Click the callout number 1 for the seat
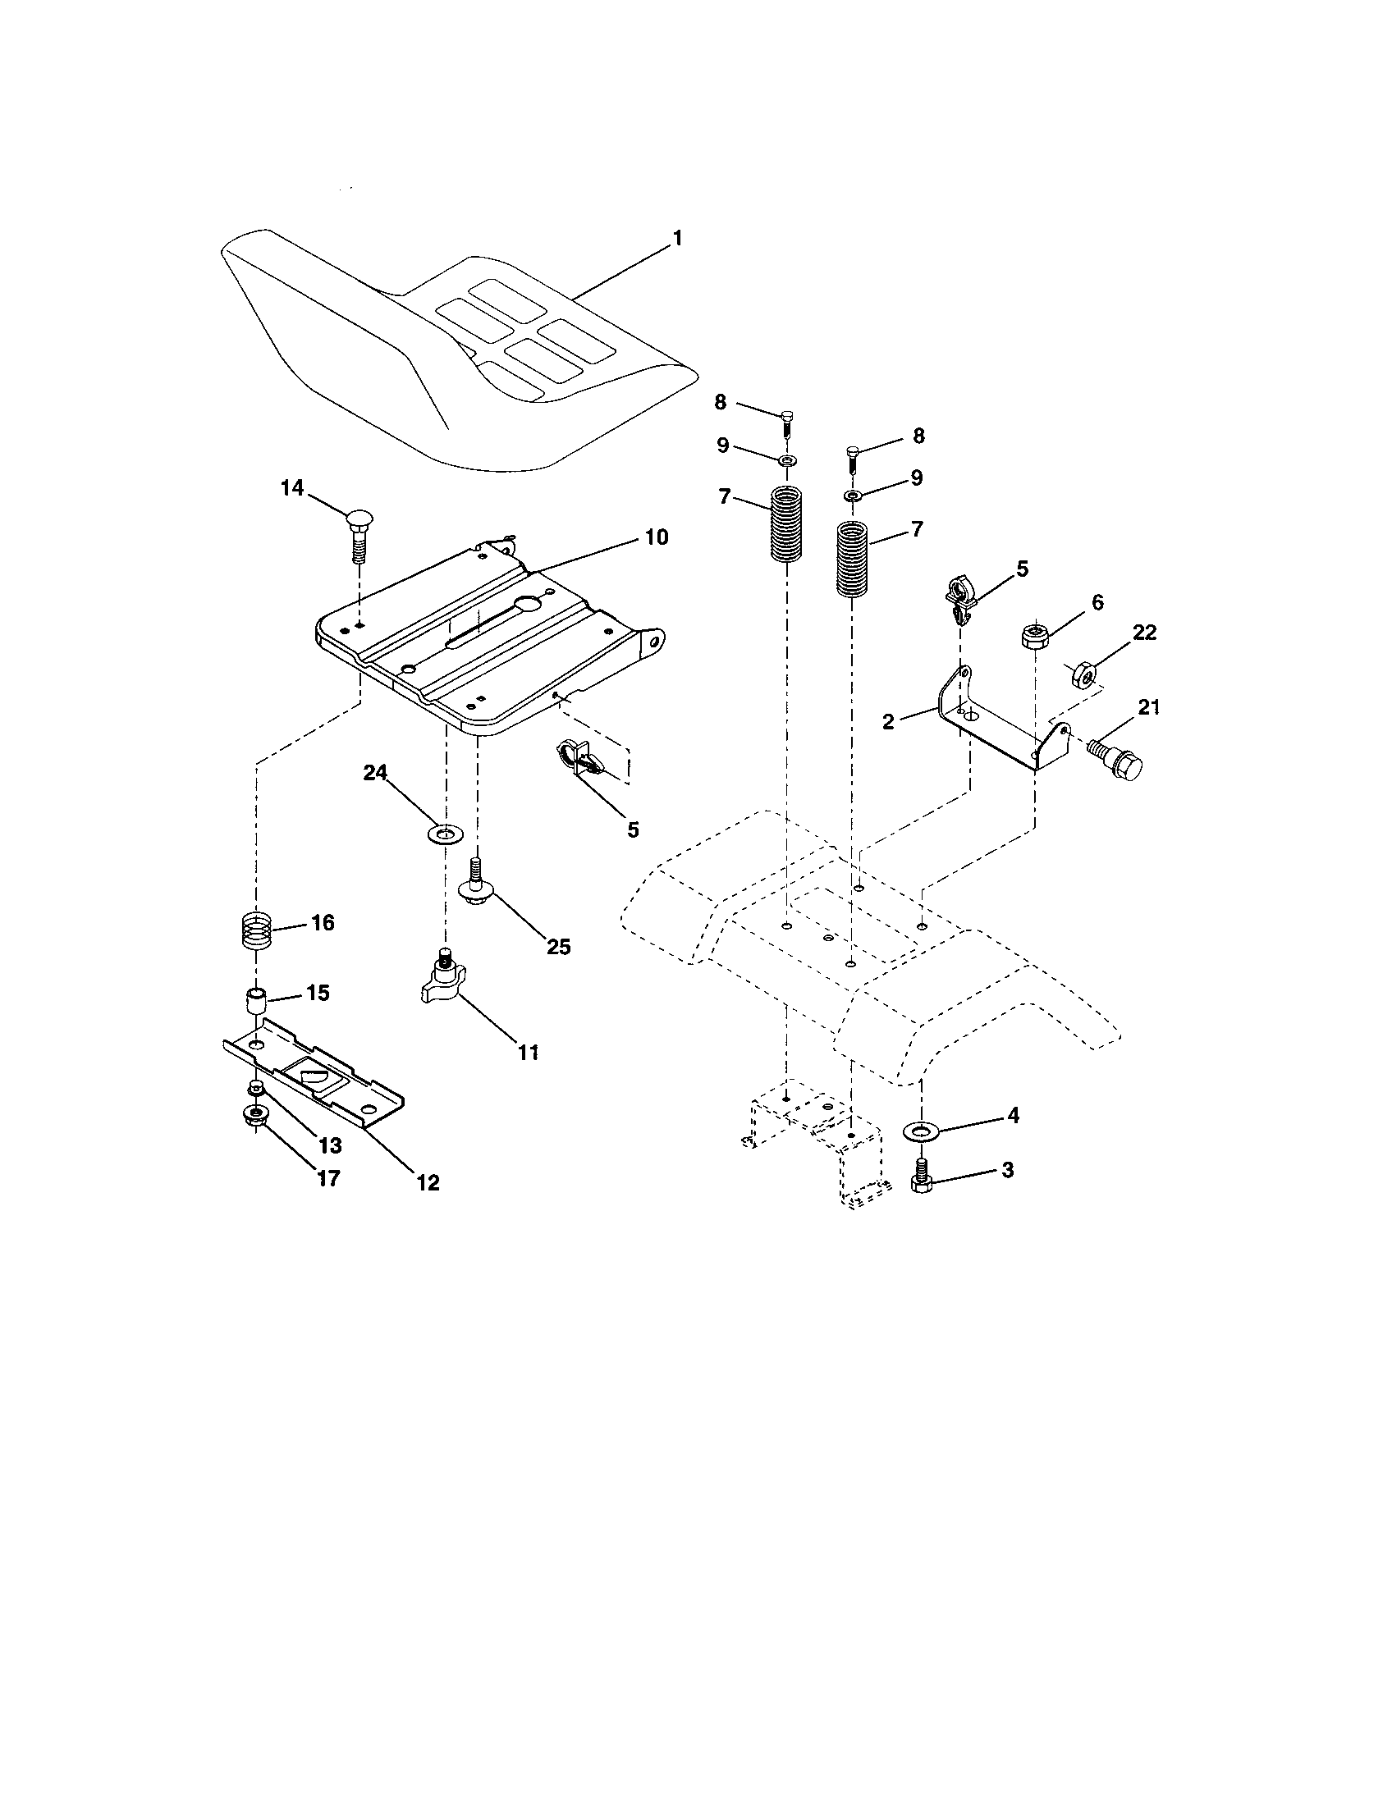pyautogui.click(x=677, y=239)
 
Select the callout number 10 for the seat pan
pyautogui.click(x=657, y=537)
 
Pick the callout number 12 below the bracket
pyautogui.click(x=428, y=1181)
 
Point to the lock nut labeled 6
pyautogui.click(x=1036, y=637)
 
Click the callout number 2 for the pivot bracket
pyautogui.click(x=889, y=721)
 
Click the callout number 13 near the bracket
pyautogui.click(x=329, y=1146)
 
